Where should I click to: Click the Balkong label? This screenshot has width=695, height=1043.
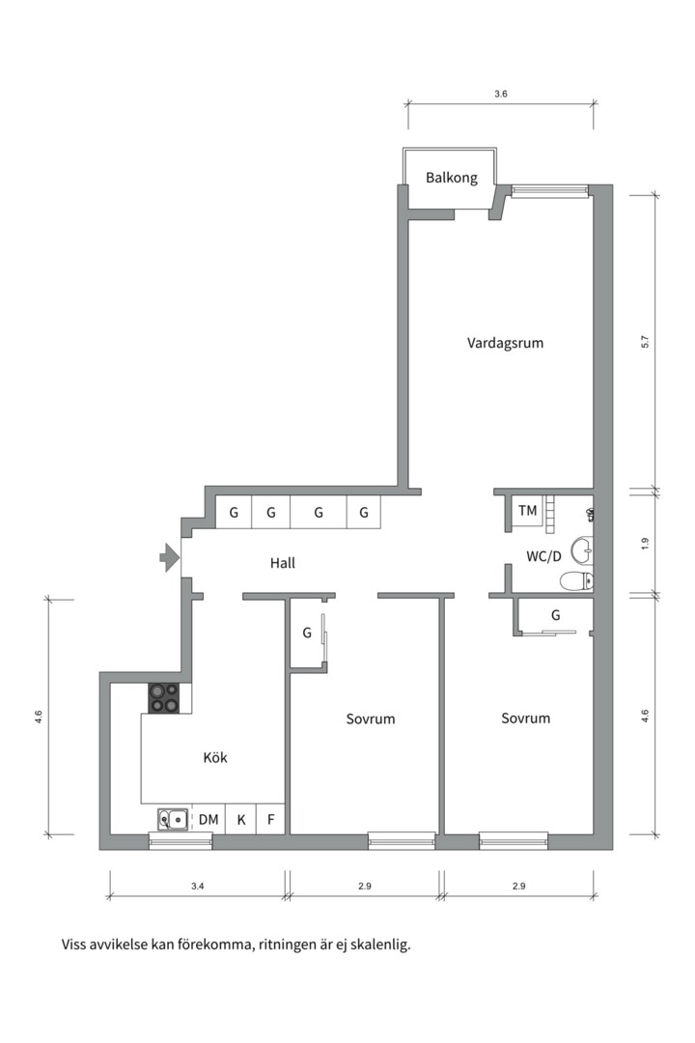[452, 178]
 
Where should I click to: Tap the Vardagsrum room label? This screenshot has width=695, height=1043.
[505, 343]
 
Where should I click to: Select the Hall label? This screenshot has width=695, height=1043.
[283, 563]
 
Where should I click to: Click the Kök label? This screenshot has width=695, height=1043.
[215, 757]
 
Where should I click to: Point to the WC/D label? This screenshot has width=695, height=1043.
[544, 556]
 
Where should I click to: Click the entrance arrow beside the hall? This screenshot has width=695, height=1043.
[169, 557]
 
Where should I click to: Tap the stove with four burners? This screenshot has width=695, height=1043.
[164, 698]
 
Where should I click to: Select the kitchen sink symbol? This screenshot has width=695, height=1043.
[173, 820]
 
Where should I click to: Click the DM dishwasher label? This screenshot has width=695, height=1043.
[208, 820]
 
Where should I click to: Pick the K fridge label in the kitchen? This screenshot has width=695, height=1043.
[241, 820]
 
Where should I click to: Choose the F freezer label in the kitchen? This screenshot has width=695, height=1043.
[270, 820]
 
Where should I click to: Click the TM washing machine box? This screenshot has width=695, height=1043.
[527, 511]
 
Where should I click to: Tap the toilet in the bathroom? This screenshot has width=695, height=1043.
[576, 581]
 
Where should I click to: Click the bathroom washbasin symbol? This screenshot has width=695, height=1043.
[583, 550]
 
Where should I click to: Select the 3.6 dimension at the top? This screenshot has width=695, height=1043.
[501, 95]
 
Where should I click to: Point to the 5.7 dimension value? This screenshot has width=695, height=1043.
[644, 342]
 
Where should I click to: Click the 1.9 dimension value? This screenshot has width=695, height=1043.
[644, 544]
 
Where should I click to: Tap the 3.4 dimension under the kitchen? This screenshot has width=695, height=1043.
[198, 886]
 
